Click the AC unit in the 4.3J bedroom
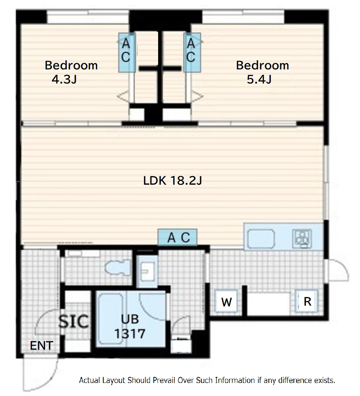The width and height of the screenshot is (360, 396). [x=127, y=53]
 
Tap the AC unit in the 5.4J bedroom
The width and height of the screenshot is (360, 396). [x=192, y=53]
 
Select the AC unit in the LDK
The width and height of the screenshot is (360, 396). [x=178, y=237]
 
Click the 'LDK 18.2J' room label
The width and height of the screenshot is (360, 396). [x=173, y=181]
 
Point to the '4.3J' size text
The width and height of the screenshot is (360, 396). [x=64, y=79]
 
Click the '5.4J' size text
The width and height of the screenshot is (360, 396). [x=259, y=79]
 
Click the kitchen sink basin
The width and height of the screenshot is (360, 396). [x=261, y=239]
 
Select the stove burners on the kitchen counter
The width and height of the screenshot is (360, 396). [x=302, y=239]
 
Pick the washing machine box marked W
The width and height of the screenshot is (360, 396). [x=226, y=302]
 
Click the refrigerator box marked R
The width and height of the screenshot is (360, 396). [x=307, y=301]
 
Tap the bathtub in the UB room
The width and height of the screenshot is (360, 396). [x=111, y=319]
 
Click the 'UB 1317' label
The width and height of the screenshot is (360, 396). [x=130, y=326]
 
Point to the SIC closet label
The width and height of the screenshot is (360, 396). [x=73, y=322]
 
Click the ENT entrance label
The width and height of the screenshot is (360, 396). [x=41, y=346]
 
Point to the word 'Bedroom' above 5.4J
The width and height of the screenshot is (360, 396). [x=263, y=65]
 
